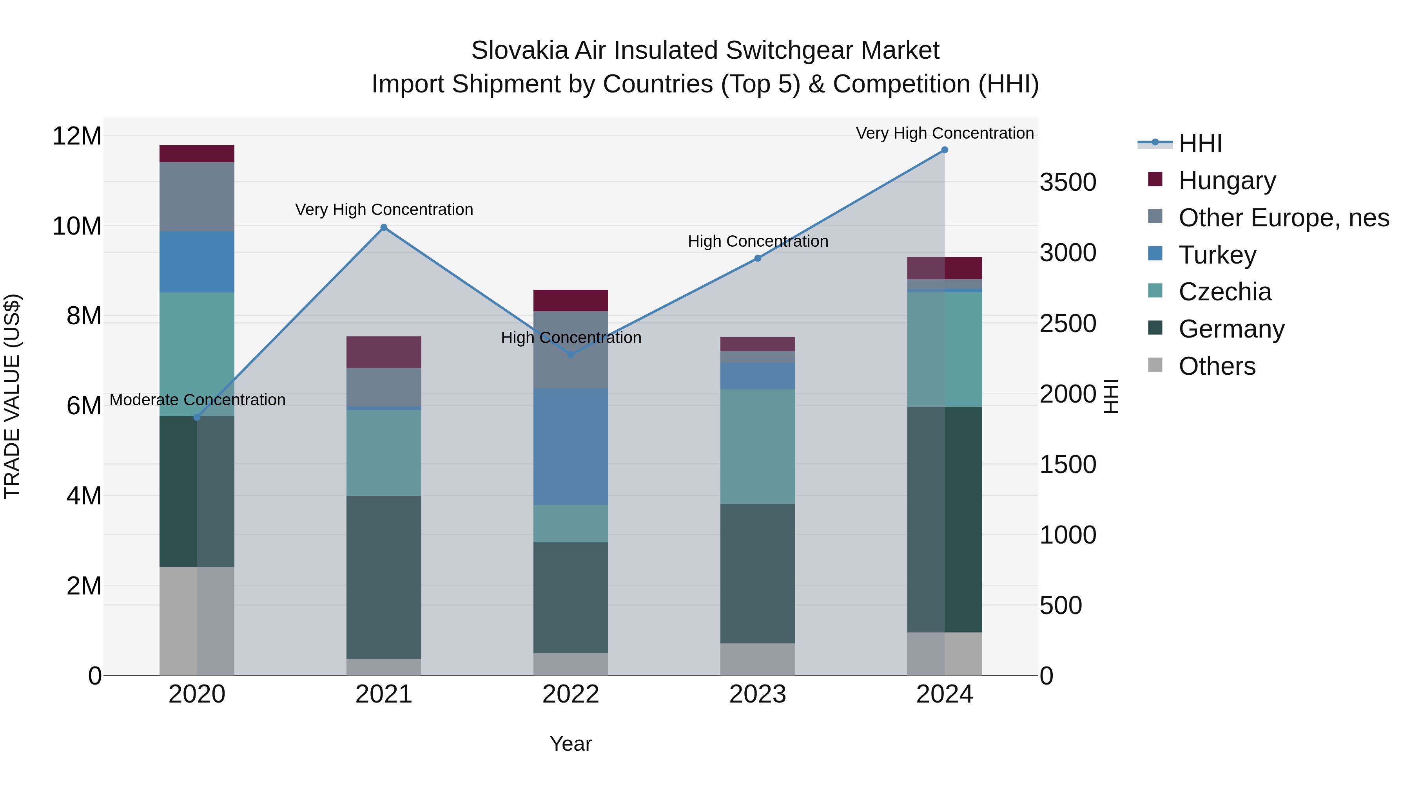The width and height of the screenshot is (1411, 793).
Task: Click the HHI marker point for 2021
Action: tap(384, 228)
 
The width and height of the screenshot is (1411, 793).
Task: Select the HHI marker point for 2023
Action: tap(758, 258)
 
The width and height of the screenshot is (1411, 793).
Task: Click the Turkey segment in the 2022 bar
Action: tap(571, 446)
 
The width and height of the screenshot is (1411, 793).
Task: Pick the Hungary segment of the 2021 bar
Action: tap(384, 352)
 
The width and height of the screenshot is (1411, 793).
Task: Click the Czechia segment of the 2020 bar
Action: tap(197, 354)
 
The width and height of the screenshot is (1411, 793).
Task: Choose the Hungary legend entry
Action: tap(1227, 181)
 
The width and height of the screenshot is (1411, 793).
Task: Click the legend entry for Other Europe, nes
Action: tap(1283, 218)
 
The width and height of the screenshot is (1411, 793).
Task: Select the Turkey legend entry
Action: tap(1217, 255)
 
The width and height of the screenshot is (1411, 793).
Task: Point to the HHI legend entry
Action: tap(1200, 143)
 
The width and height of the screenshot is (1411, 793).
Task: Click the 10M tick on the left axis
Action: tap(77, 226)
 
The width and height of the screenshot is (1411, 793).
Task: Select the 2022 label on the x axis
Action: tap(571, 694)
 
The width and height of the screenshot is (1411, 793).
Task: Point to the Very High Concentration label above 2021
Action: tap(384, 210)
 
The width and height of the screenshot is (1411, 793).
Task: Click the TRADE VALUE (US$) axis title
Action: tap(12, 396)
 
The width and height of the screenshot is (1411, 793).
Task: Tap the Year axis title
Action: tap(571, 744)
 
